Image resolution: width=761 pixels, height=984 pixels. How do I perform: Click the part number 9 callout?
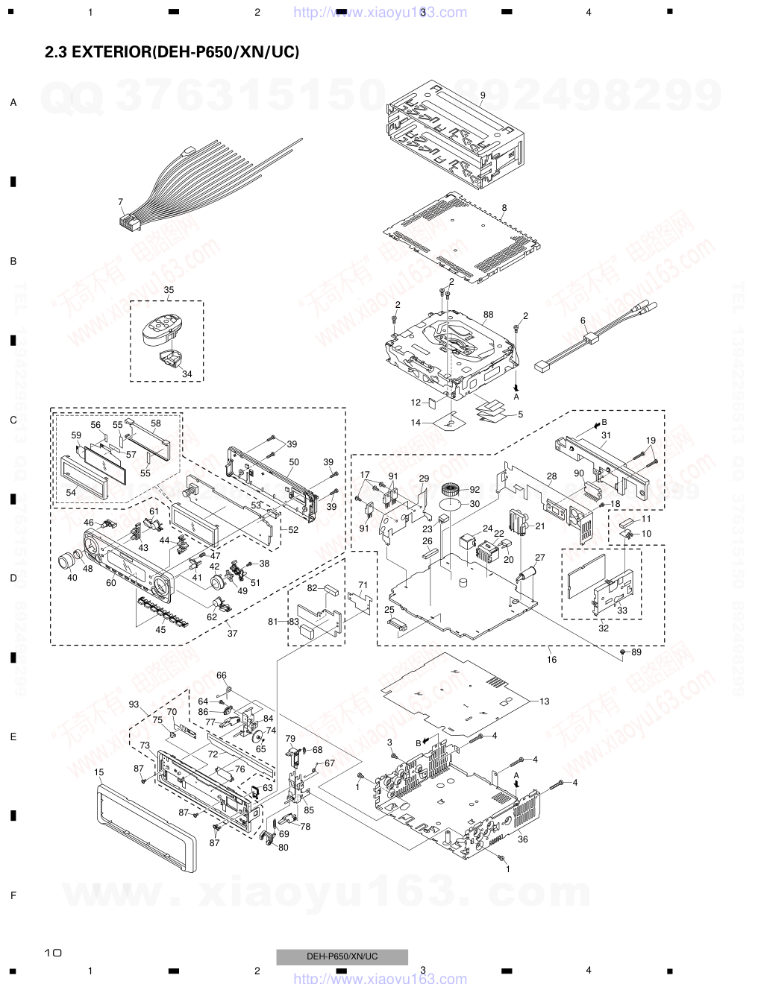coord(483,95)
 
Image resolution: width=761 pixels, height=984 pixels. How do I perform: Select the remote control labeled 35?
coord(160,331)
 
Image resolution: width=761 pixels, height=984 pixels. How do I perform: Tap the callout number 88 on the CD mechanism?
coord(488,314)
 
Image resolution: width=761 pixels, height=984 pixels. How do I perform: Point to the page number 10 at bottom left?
coord(53,952)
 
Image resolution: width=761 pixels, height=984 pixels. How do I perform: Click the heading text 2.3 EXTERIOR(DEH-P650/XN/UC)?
coord(172,52)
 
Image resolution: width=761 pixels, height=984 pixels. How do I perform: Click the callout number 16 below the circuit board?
coord(551,659)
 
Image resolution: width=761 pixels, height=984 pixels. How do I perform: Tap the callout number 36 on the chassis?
coord(523,839)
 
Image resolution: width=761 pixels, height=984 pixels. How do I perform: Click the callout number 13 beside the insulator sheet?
coord(545,701)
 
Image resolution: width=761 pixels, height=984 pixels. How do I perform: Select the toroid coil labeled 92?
coord(450,491)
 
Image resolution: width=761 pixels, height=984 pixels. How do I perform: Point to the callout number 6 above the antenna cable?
coord(583,320)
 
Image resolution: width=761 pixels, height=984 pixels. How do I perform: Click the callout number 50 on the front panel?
coord(294,462)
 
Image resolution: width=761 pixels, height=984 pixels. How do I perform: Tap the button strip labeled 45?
coord(160,608)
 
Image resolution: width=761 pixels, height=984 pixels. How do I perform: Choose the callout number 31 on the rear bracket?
coord(606,435)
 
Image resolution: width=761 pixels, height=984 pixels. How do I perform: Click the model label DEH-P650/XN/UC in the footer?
coord(342,956)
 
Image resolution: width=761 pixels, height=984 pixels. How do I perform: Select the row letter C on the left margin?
coord(13,420)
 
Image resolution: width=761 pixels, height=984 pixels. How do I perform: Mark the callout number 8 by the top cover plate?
coord(504,207)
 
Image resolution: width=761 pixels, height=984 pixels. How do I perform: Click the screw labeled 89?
coord(622,652)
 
